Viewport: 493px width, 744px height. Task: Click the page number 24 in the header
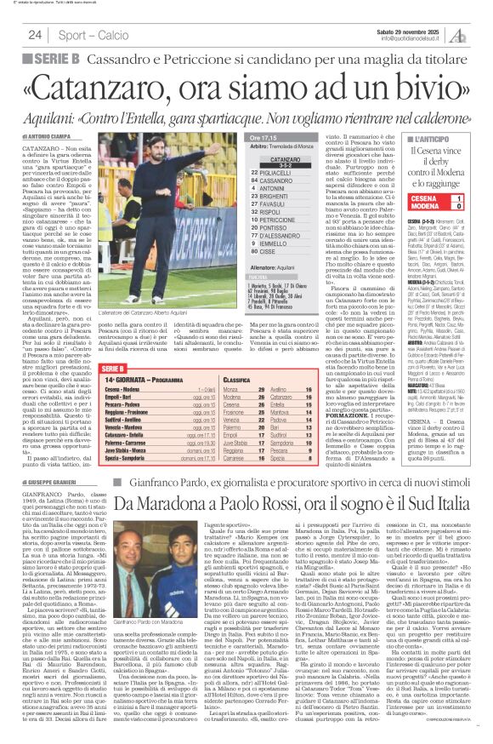(x=34, y=35)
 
